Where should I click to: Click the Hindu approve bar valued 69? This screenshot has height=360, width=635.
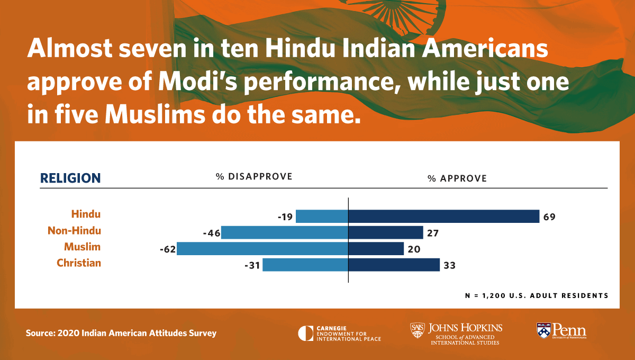click(443, 216)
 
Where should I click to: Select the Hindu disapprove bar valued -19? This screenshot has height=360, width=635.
click(322, 216)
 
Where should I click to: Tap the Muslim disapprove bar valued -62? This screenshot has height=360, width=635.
click(262, 248)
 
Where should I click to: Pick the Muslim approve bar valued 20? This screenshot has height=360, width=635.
click(376, 248)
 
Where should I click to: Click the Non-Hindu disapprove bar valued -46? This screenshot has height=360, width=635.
click(285, 232)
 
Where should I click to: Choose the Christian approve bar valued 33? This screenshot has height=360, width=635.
click(394, 265)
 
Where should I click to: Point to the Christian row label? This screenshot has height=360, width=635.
click(79, 263)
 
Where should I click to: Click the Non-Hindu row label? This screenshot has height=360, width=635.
click(74, 231)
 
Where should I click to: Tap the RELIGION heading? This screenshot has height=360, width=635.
click(70, 178)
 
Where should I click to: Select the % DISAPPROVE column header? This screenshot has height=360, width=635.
click(253, 177)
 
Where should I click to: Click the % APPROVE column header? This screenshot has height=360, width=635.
click(457, 178)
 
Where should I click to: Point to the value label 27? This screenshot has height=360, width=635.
click(433, 233)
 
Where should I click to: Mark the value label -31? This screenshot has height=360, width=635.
click(250, 265)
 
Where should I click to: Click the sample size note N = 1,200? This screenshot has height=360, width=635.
click(536, 295)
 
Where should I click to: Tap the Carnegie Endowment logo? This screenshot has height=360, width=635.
click(339, 333)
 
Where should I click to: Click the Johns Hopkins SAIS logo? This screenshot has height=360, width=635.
click(456, 333)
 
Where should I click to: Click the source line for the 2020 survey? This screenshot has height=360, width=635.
click(121, 334)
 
